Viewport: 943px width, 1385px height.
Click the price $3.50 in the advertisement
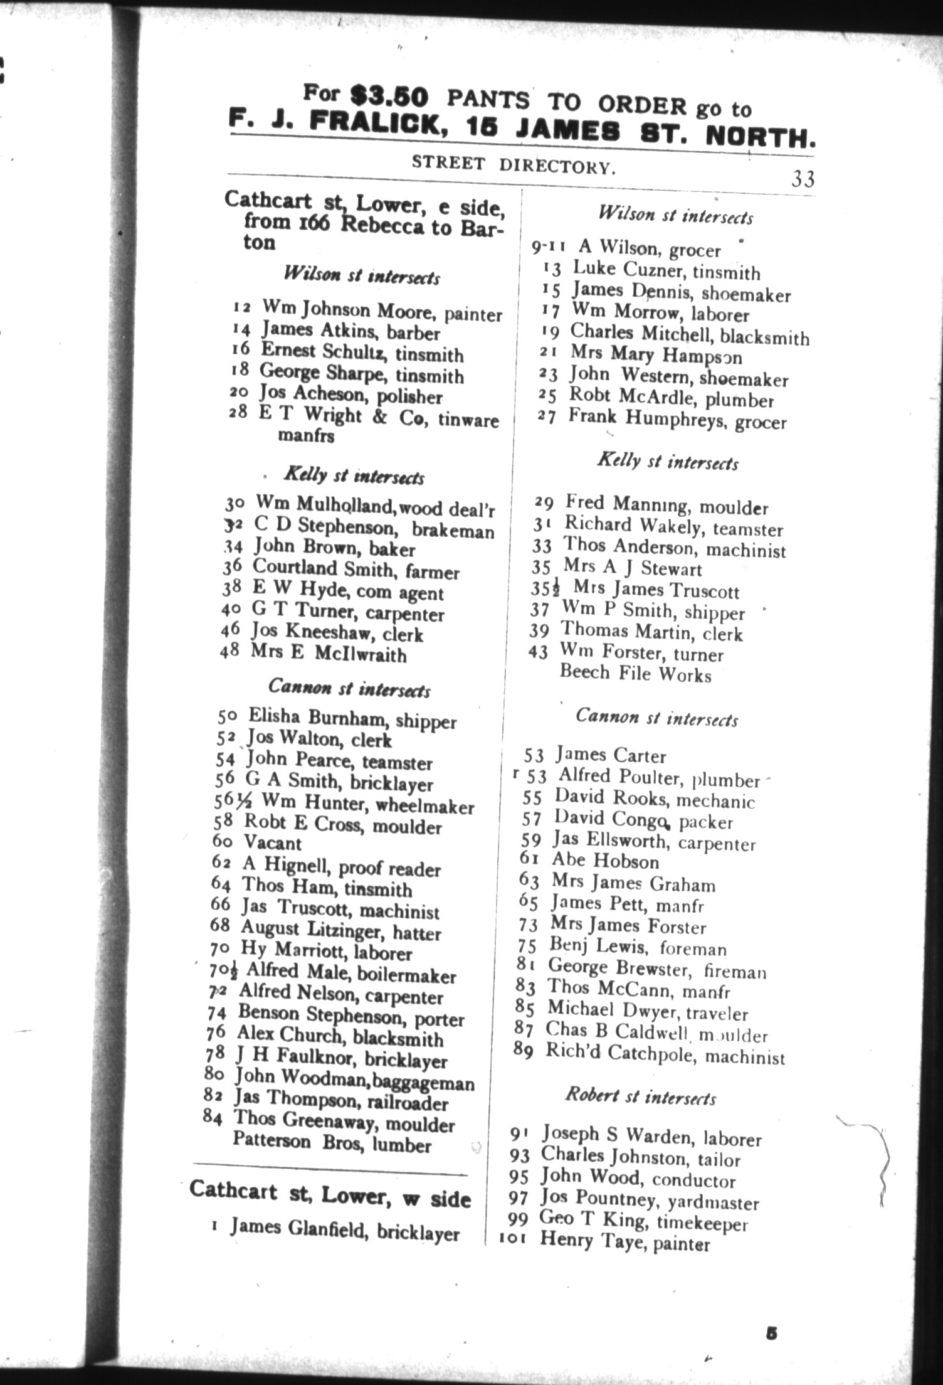(x=389, y=95)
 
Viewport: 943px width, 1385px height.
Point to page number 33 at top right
(x=803, y=179)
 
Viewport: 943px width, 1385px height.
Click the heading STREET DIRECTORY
(x=511, y=164)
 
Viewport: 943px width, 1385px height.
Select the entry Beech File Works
(x=635, y=674)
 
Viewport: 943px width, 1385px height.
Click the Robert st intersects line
(x=640, y=1096)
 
